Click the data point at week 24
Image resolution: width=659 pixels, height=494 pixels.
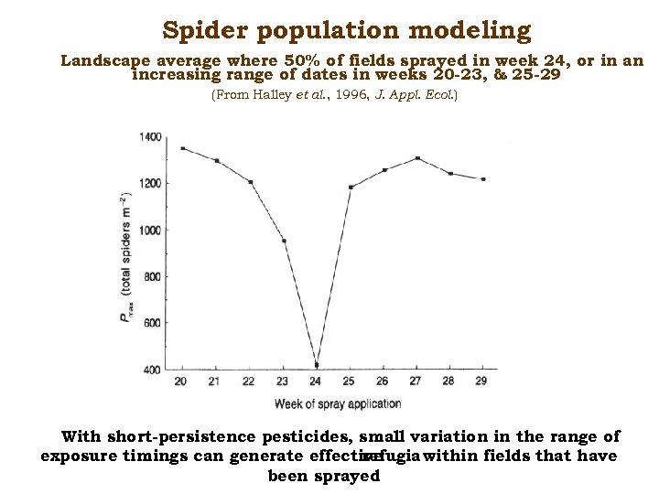(x=317, y=365)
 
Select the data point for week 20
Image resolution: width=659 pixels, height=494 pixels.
(x=183, y=148)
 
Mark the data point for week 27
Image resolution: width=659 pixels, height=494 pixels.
(x=417, y=158)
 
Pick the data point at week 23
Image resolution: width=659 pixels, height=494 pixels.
(x=284, y=241)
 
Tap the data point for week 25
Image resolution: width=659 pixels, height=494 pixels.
(x=351, y=187)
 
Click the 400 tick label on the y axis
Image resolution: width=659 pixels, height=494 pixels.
(x=152, y=370)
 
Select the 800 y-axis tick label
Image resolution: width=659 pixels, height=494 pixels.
(x=152, y=276)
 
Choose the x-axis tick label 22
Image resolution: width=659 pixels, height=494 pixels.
(x=249, y=381)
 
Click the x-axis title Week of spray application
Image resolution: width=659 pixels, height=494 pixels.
(x=337, y=403)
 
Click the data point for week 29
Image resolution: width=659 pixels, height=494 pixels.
(x=483, y=179)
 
